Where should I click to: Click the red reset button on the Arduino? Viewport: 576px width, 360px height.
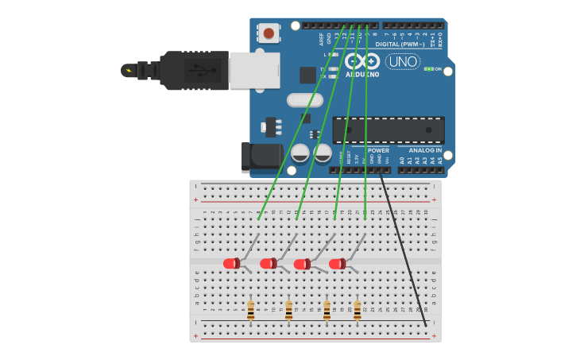(x=269, y=33)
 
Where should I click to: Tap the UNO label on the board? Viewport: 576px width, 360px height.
(x=402, y=62)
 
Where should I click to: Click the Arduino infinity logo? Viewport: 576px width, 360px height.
(x=362, y=61)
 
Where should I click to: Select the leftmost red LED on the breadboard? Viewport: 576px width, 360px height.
(x=231, y=263)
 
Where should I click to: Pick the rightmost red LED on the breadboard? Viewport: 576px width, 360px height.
(x=337, y=263)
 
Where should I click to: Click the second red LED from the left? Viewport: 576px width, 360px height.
(x=268, y=263)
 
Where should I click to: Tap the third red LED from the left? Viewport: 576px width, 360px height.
(x=302, y=264)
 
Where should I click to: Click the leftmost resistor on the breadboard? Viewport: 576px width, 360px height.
(x=250, y=310)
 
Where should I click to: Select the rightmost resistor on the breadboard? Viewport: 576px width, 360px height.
(x=358, y=310)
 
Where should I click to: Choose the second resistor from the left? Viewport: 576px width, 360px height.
(x=288, y=310)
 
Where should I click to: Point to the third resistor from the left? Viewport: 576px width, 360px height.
(x=327, y=310)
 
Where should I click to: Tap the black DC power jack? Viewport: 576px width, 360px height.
(x=261, y=157)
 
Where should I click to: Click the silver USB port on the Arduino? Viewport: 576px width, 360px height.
(x=254, y=70)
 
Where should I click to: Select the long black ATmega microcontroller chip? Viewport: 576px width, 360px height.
(x=388, y=130)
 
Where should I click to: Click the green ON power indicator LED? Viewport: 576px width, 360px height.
(x=428, y=69)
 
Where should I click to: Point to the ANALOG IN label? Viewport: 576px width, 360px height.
(x=425, y=150)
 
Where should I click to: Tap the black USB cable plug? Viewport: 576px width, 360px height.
(x=194, y=71)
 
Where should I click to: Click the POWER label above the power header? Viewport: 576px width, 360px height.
(x=378, y=150)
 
